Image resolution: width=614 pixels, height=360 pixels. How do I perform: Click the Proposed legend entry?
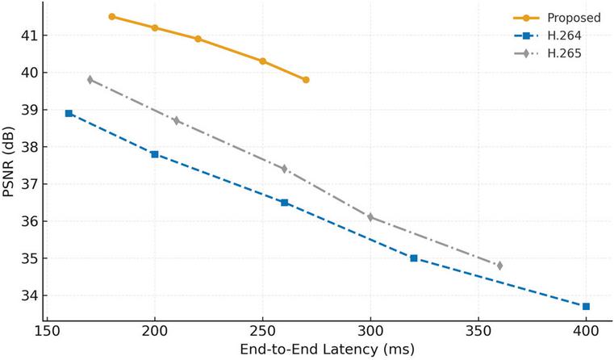point(557,18)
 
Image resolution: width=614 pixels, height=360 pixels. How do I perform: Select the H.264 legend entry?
point(547,36)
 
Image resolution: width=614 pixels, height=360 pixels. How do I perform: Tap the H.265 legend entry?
point(547,53)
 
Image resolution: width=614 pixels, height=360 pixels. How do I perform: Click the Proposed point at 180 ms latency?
point(112,16)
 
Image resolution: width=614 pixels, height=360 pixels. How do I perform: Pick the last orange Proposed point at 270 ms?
point(306,80)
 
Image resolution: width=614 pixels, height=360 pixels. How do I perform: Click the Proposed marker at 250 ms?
point(263,61)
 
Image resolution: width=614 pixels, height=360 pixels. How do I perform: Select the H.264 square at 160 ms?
point(69,113)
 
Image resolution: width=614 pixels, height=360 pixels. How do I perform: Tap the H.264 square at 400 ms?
point(586,307)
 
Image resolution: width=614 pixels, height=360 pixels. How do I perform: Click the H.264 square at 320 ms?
point(414,258)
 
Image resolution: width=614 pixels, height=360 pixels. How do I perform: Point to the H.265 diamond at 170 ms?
point(90,80)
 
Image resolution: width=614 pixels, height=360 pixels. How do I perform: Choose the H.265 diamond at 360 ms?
point(499,266)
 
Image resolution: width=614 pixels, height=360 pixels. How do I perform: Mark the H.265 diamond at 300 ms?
point(370,217)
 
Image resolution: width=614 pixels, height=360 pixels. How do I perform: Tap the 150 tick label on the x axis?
point(47,332)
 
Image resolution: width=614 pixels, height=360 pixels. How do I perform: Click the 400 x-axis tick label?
point(586,332)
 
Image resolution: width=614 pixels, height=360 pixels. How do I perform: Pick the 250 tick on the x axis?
point(263,332)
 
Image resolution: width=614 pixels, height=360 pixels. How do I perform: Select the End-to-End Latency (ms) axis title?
point(327,350)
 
